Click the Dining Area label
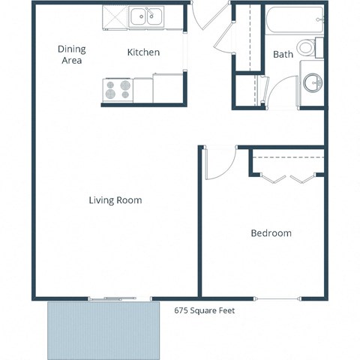(72, 55)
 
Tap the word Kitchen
(143, 52)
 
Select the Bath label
(283, 54)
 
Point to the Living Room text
(115, 200)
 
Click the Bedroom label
(271, 233)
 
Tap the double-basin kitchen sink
(146, 16)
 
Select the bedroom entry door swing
(218, 163)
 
